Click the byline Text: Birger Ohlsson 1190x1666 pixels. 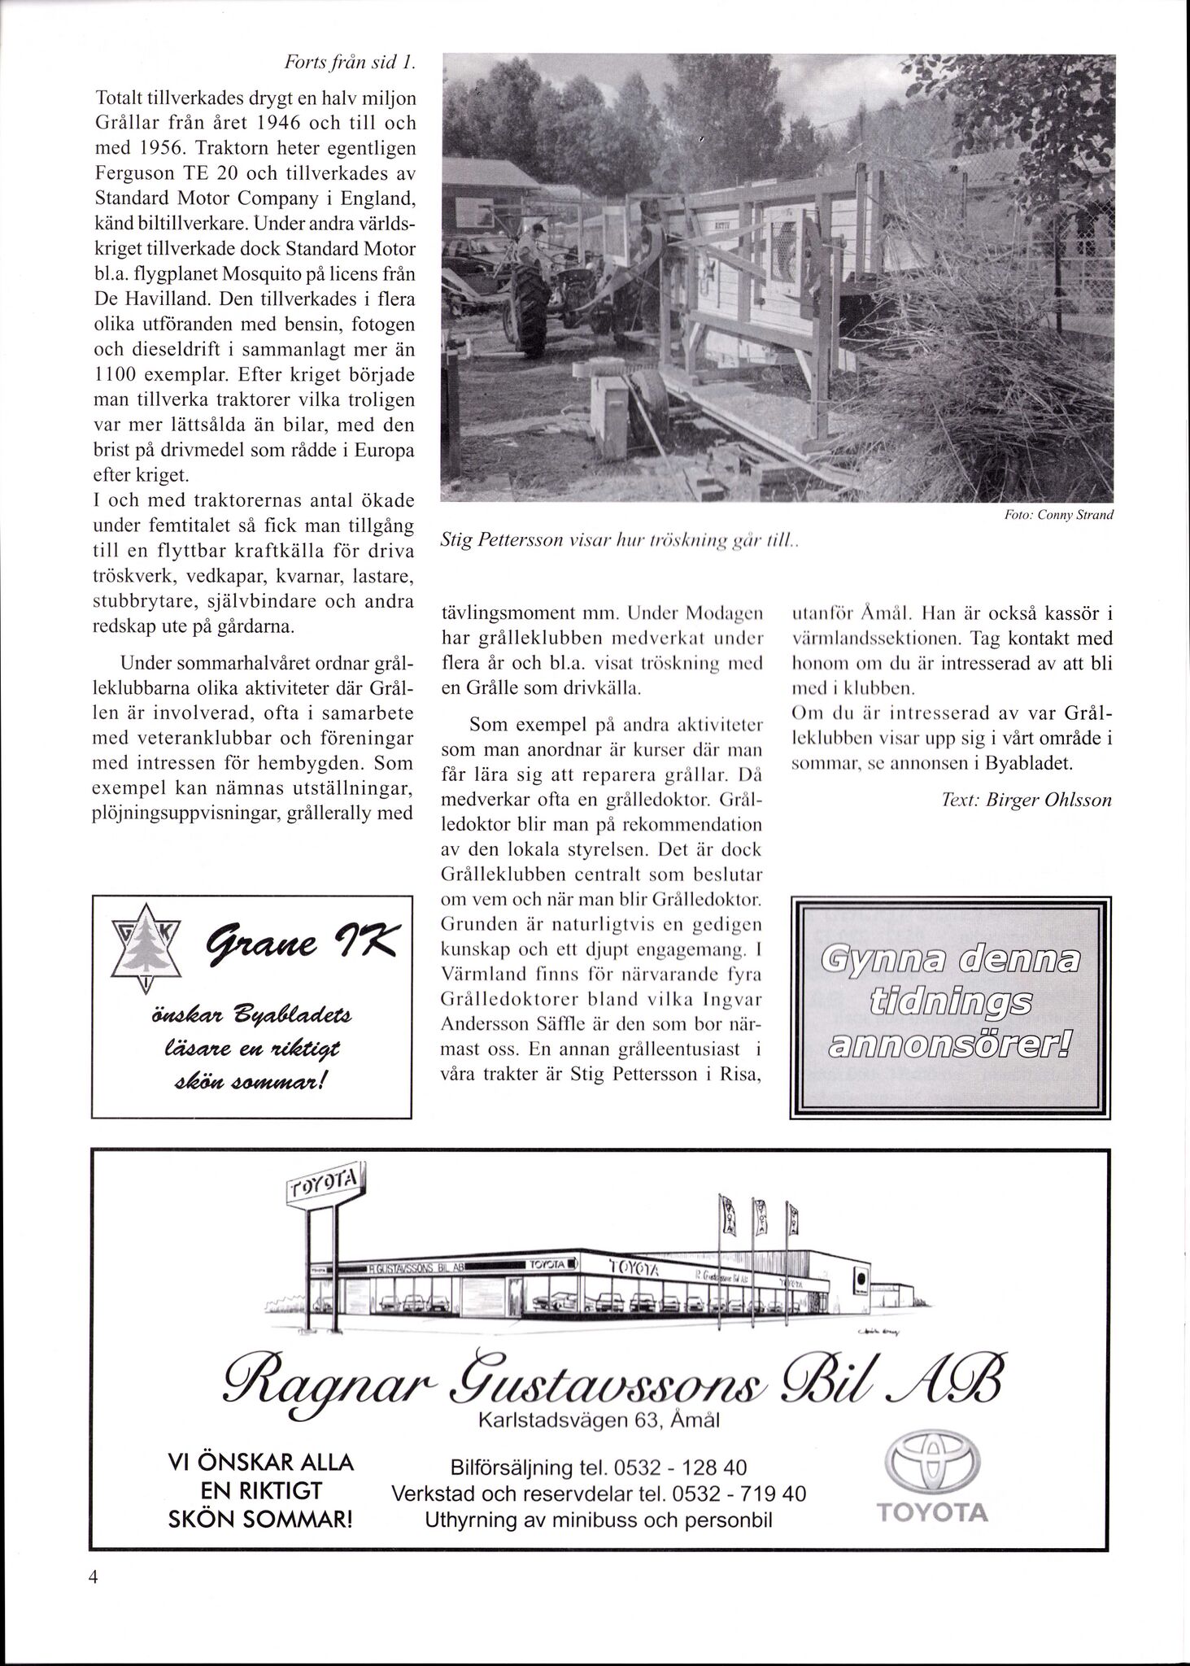coord(1027,800)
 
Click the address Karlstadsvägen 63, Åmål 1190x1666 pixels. coord(599,1420)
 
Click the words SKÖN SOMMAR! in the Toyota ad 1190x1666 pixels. coord(260,1518)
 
